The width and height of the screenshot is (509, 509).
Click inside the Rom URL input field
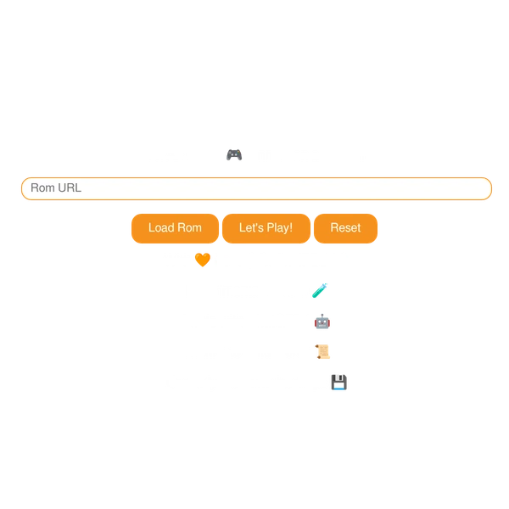pyautogui.click(x=255, y=188)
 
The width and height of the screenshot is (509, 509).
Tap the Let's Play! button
pyautogui.click(x=266, y=228)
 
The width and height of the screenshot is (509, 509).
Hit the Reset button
pyautogui.click(x=345, y=228)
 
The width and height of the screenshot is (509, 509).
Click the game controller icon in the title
pyautogui.click(x=232, y=154)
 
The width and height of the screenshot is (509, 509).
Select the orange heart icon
pyautogui.click(x=201, y=260)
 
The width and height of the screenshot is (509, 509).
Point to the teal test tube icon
pyautogui.click(x=320, y=290)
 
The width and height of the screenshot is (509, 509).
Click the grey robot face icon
pyautogui.click(x=322, y=322)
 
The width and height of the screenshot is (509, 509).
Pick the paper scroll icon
pyautogui.click(x=322, y=350)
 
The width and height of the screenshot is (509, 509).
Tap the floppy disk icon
pyautogui.click(x=338, y=382)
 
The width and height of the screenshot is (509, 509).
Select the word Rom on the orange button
pyautogui.click(x=190, y=228)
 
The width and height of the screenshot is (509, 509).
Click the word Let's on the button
pyautogui.click(x=251, y=228)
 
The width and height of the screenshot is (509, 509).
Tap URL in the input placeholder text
pyautogui.click(x=70, y=188)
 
